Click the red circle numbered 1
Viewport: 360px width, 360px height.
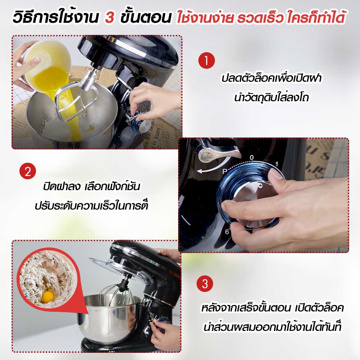206,60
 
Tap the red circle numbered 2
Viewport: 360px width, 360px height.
28,171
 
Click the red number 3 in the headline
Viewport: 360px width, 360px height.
109,17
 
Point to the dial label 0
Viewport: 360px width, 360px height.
252,158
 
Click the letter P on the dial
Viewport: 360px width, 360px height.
225,171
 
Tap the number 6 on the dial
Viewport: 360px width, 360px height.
227,232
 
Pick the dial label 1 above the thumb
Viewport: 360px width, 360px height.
276,164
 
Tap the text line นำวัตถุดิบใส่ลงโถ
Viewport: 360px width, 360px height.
271,97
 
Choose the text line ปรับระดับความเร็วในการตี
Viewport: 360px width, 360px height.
91,205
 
